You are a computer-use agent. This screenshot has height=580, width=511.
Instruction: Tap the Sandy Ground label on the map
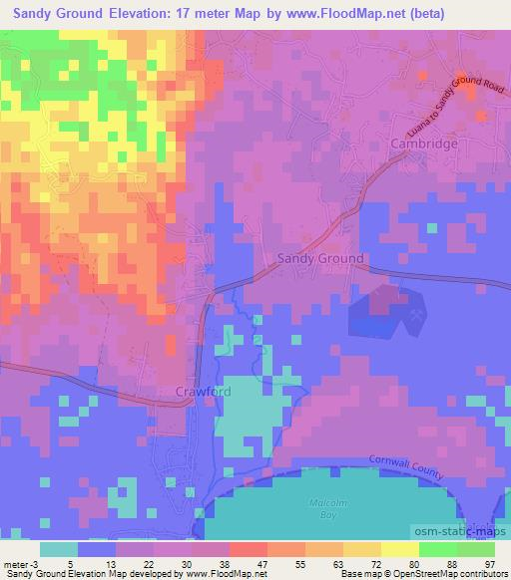tap(319, 257)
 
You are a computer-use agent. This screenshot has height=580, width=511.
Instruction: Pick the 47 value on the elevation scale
tap(262, 563)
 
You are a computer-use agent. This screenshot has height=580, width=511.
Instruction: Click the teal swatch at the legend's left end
tap(60, 549)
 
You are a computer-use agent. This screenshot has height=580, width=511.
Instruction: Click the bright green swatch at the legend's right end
tap(476, 549)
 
